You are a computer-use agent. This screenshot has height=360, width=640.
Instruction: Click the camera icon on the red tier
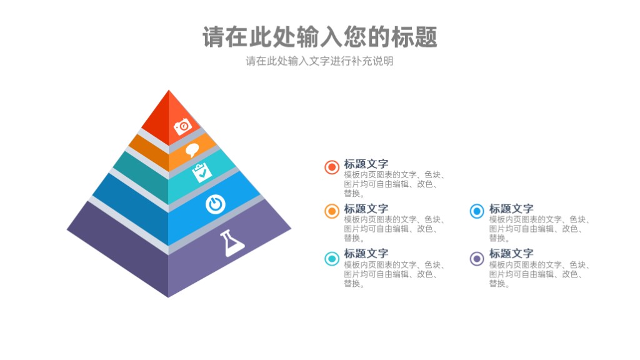[x=182, y=126]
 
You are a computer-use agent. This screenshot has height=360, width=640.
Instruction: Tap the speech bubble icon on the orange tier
[x=192, y=150]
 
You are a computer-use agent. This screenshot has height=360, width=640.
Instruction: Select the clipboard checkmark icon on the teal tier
[x=202, y=172]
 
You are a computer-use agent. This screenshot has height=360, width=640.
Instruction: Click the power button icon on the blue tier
[x=216, y=204]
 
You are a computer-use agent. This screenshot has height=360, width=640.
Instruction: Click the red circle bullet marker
[x=332, y=167]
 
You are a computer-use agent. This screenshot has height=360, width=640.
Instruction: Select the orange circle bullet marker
[x=332, y=211]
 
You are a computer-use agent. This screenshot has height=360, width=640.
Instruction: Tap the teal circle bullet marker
[x=332, y=259]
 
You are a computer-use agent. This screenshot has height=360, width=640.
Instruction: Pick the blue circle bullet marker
[x=477, y=211]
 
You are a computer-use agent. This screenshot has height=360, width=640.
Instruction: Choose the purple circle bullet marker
[x=477, y=259]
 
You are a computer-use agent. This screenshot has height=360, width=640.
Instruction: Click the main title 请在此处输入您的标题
[x=320, y=37]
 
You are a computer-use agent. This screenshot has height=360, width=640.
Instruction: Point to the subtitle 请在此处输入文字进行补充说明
[x=319, y=61]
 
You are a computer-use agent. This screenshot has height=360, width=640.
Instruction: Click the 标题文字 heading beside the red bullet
[x=366, y=164]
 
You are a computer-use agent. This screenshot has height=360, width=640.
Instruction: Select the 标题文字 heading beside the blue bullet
[x=511, y=209]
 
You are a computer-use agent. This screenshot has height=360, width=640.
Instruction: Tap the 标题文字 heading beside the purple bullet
[x=511, y=254]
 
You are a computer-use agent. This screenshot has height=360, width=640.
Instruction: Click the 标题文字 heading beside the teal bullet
[x=366, y=254]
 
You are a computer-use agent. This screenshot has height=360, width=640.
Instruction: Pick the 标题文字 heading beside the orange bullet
[x=366, y=209]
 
